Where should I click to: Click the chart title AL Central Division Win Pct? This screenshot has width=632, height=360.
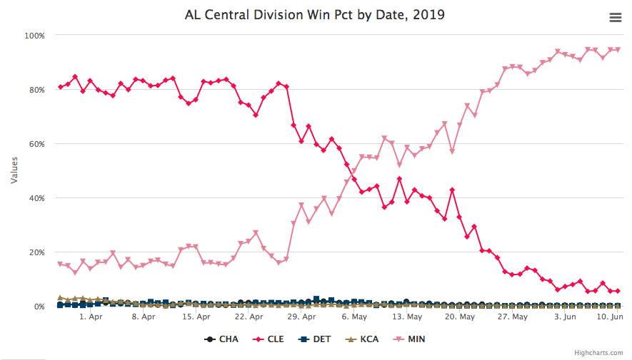315,14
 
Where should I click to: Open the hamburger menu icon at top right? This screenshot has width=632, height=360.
615,18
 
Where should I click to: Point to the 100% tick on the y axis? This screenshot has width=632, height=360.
35,35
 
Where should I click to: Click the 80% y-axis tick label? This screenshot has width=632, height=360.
36,89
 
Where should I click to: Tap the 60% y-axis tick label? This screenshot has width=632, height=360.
36,143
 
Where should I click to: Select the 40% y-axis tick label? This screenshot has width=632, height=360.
36,197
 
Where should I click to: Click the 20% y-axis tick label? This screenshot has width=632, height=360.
36,252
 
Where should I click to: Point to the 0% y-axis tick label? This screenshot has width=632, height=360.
39,306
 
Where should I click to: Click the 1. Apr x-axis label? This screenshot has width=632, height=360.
91,317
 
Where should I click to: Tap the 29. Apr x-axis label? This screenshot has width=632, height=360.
301,317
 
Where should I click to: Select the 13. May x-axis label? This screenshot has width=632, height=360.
407,317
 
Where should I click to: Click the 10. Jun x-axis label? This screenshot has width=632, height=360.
609,317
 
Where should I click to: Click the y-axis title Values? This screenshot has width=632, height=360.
14,170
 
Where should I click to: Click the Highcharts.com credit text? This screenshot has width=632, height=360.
598,352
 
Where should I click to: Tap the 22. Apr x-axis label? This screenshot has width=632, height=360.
249,317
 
